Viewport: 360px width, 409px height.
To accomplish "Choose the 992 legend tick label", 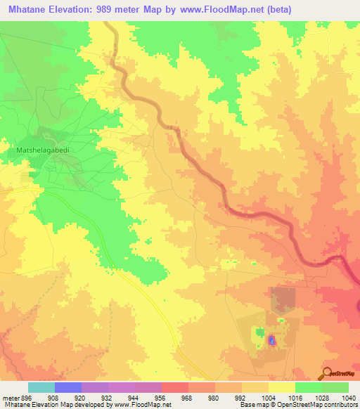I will click(241, 398).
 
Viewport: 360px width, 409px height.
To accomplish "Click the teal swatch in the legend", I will click(41, 387).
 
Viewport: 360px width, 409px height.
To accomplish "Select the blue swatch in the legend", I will click(68, 387).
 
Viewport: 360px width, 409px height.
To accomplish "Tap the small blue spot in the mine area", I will click(272, 341).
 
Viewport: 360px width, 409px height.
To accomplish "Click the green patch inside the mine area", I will click(261, 331).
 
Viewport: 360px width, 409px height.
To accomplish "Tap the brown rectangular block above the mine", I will click(283, 299).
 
